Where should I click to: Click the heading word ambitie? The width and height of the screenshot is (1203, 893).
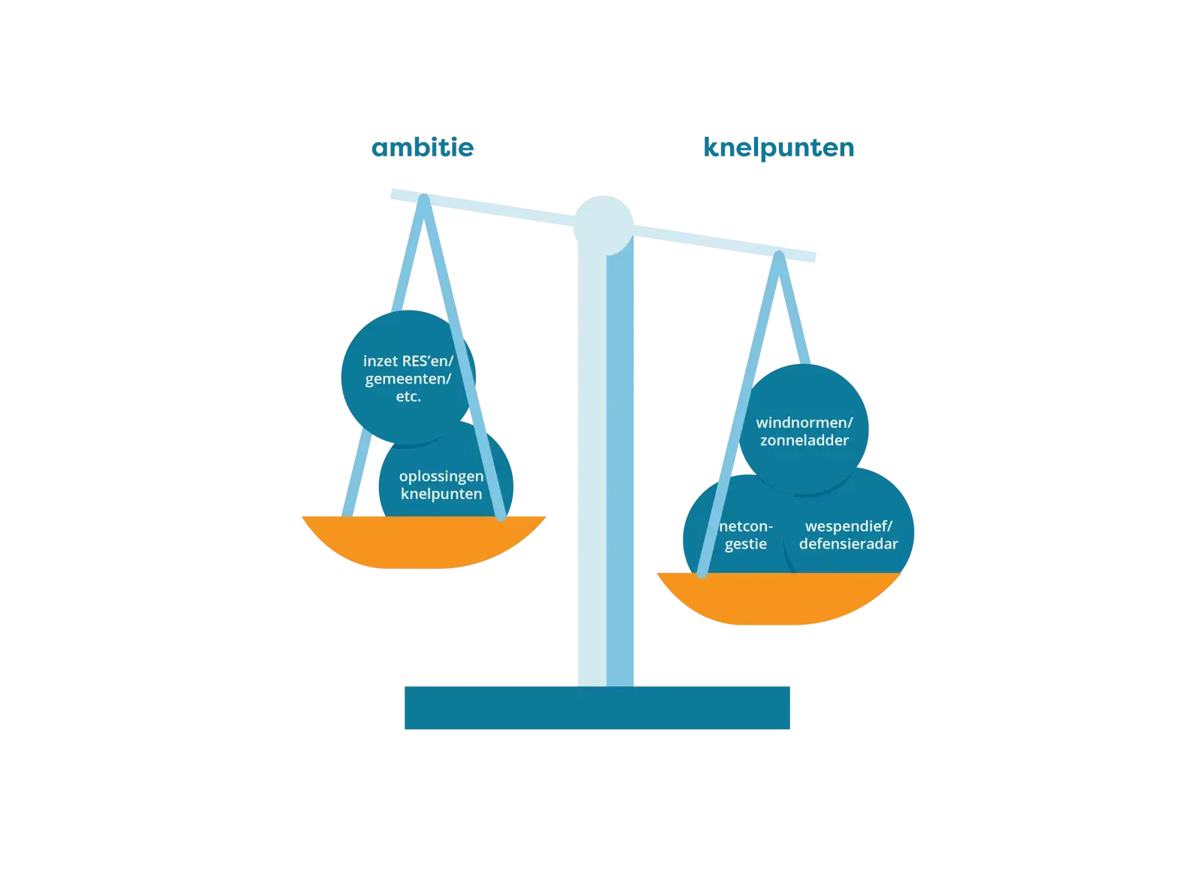422,147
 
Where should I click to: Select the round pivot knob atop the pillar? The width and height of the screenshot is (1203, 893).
603,225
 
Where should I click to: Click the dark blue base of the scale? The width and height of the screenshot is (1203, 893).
597,708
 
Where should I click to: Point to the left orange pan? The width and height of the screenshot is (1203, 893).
423,542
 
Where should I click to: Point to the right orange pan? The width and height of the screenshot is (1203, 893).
778,598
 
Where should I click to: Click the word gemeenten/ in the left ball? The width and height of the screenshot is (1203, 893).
408,379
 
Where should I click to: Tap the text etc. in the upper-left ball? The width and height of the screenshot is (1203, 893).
408,397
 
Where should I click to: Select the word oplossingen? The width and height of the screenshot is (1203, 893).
441,477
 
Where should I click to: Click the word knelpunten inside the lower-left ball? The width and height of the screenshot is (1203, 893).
441,494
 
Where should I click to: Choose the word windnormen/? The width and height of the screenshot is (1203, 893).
804,423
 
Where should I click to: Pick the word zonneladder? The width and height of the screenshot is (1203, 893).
804,440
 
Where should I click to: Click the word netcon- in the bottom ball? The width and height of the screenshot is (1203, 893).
746,526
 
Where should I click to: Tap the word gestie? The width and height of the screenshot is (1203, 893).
746,544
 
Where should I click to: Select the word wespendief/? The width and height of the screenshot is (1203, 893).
848,526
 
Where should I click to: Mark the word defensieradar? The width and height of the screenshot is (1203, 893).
848,543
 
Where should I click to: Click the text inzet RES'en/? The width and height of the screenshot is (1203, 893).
408,361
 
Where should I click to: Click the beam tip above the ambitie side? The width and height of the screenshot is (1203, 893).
392,194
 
